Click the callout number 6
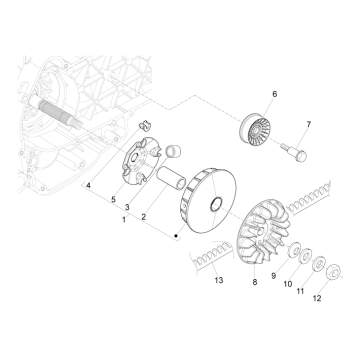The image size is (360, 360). coord(275,94)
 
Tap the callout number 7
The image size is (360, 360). coord(309,125)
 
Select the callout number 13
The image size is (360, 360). coord(219,281)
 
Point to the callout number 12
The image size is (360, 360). coord(317,299)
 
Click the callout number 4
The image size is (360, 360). coord(88,186)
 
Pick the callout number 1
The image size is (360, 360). coord(124,220)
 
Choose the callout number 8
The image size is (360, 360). coord(255,282)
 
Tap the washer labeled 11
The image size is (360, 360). coord(319,265)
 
